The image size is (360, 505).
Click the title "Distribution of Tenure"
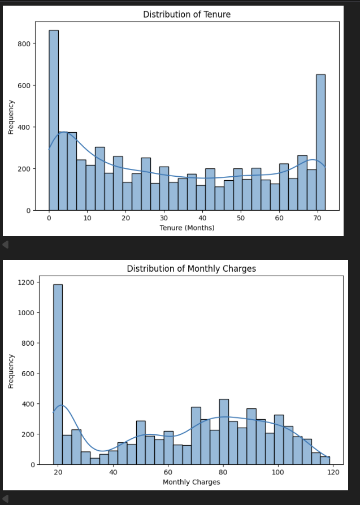(186, 14)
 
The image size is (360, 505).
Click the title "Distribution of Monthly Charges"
(191, 268)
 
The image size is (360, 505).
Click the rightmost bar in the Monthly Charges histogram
(325, 460)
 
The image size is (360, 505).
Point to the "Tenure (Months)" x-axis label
(186, 228)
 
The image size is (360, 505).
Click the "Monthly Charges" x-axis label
(191, 482)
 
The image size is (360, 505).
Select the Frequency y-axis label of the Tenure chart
(11, 116)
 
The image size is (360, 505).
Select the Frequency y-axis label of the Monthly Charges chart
(11, 371)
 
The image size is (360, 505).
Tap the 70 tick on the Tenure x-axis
(317, 218)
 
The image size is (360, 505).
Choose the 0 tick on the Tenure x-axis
(49, 218)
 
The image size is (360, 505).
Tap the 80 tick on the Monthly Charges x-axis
(223, 472)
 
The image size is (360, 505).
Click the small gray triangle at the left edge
(5, 245)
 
